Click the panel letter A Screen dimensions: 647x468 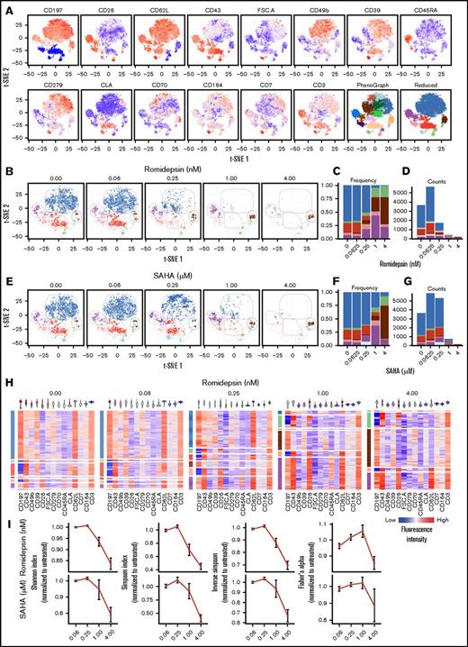[6, 5]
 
